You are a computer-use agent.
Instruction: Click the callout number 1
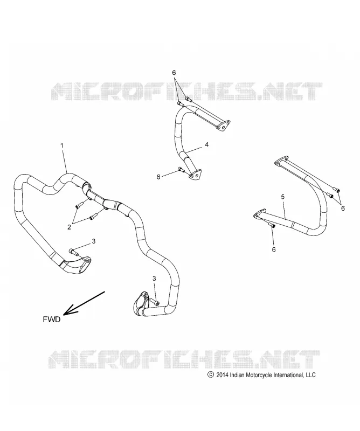tap(62, 145)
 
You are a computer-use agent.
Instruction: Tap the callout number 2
tap(70, 227)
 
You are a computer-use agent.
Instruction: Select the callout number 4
tap(207, 144)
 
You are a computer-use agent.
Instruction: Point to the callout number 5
tap(283, 197)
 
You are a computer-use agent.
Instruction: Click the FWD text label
tap(51, 319)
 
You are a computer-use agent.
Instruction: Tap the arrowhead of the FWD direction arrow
tap(69, 310)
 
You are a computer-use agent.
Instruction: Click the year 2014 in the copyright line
tap(222, 374)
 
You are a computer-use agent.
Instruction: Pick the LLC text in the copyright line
tap(310, 374)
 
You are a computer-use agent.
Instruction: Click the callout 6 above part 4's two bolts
tap(174, 73)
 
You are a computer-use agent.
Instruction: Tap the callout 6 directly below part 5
tap(274, 249)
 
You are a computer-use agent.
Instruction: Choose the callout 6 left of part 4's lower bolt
tap(158, 177)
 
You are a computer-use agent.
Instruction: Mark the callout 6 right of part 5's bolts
tap(343, 208)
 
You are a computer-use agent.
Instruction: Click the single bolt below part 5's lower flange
tap(272, 225)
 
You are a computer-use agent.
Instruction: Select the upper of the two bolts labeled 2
tap(78, 205)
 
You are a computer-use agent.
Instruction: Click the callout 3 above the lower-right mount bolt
tap(154, 279)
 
